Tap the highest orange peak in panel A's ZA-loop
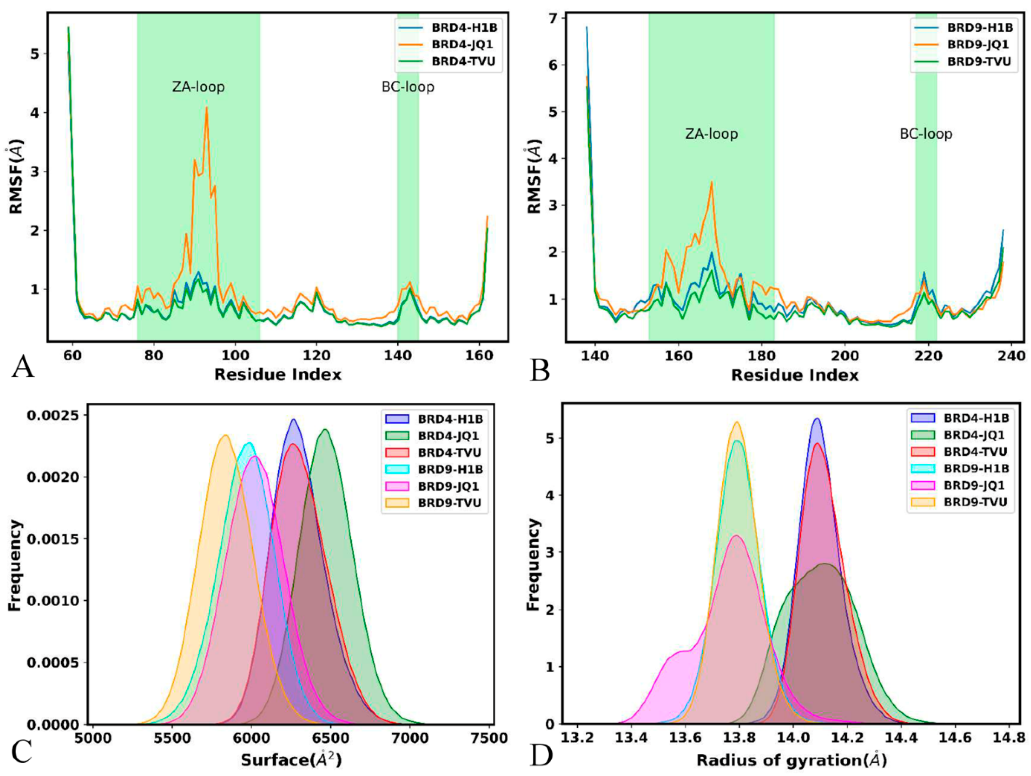click(x=206, y=108)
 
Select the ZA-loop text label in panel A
click(x=199, y=87)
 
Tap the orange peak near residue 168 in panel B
click(x=711, y=182)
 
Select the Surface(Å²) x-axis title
click(x=292, y=760)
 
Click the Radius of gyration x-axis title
click(x=791, y=760)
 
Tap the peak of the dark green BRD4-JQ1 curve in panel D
click(x=825, y=564)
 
